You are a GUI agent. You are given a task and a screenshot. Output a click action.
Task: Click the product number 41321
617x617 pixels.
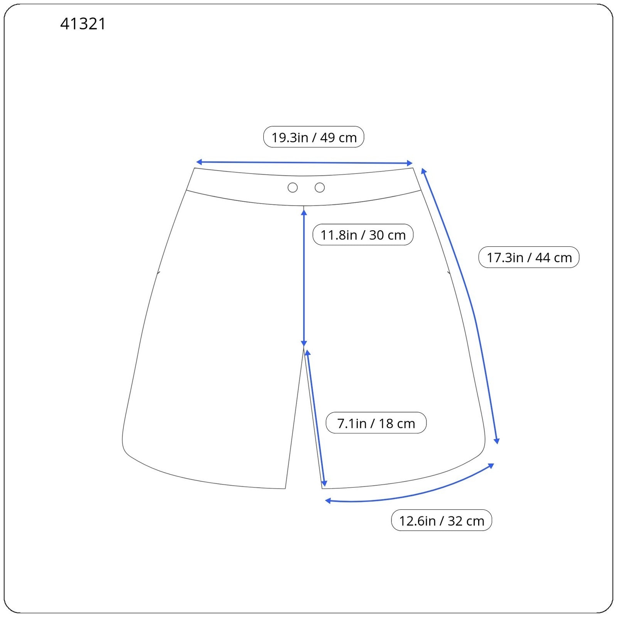(x=83, y=24)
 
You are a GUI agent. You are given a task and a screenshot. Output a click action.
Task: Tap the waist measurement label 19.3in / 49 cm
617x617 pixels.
(x=314, y=137)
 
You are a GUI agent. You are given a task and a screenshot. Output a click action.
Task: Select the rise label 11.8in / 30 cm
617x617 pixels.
(x=363, y=235)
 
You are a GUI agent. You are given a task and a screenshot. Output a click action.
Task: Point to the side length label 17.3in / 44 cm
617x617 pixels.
(x=529, y=258)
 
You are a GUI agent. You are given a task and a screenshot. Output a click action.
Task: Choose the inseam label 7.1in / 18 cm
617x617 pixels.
(x=376, y=423)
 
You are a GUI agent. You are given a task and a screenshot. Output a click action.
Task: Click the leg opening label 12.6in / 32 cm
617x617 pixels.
(x=441, y=521)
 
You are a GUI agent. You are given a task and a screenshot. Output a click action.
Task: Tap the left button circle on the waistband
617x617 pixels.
(x=293, y=188)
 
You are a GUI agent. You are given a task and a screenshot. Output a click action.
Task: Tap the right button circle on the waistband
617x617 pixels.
(x=320, y=188)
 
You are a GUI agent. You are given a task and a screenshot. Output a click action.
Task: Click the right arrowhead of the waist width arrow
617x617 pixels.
(x=410, y=164)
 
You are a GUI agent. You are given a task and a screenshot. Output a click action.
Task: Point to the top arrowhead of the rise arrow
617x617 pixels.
(x=304, y=212)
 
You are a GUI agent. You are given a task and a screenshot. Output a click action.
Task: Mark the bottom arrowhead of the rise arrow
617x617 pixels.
(x=304, y=344)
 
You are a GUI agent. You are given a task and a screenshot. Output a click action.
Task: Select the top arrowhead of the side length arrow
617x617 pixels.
(x=423, y=171)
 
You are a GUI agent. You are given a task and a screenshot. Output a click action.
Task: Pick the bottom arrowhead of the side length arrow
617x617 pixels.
(x=497, y=441)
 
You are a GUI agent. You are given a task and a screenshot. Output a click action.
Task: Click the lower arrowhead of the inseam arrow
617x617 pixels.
(x=324, y=483)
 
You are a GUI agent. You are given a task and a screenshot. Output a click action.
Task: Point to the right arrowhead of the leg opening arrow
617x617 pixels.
(x=491, y=466)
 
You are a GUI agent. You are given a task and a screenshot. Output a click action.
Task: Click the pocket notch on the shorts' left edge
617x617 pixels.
(x=158, y=273)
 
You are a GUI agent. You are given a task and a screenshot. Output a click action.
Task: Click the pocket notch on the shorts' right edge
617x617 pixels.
(x=449, y=273)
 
